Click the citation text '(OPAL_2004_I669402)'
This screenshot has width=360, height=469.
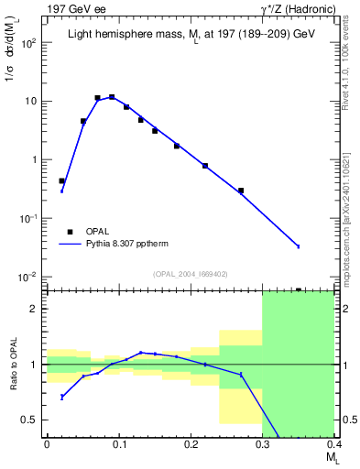point(190,273)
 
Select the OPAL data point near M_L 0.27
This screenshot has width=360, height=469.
point(241,191)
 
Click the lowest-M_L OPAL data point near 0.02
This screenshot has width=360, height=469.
point(61,181)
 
